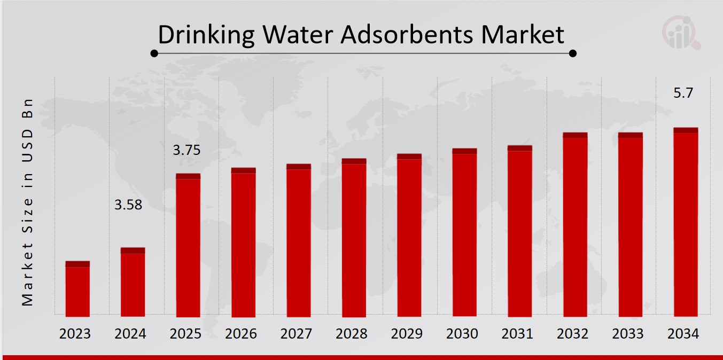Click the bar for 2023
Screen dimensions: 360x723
pos(77,289)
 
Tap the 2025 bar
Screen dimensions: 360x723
pos(188,245)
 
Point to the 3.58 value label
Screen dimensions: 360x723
pos(129,205)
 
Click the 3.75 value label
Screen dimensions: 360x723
pos(186,151)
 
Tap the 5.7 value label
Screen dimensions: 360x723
pos(683,93)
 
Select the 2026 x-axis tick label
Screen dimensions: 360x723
pos(241,334)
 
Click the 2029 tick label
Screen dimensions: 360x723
pos(407,334)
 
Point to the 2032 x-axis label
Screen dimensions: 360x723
pos(572,334)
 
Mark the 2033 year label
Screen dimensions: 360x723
pos(628,334)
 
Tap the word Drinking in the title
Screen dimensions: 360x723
pos(206,35)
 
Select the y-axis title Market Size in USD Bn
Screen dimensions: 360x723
pos(28,202)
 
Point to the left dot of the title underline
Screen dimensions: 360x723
pos(154,53)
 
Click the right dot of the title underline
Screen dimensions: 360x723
pos(573,53)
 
